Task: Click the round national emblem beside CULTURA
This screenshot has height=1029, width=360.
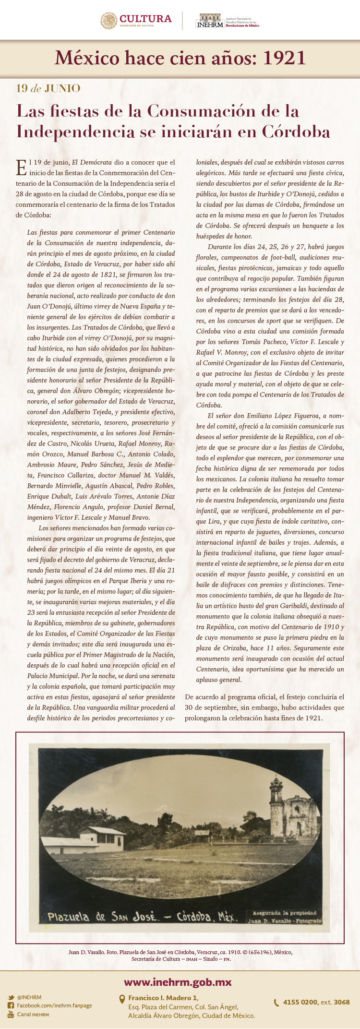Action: (x=109, y=21)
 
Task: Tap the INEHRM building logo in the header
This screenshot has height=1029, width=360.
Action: (x=210, y=21)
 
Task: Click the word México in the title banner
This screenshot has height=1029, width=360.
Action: (x=87, y=58)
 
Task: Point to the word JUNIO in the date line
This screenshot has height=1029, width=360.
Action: (x=62, y=88)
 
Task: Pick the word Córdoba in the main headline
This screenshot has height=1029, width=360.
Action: (x=296, y=131)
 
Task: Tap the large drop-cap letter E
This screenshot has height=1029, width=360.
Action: (x=21, y=168)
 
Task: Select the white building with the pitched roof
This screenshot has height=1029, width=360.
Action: (x=102, y=838)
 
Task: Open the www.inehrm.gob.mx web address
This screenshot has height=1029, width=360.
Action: (x=178, y=982)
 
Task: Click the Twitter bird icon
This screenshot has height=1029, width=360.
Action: (x=11, y=997)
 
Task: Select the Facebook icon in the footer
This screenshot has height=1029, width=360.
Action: (x=11, y=1005)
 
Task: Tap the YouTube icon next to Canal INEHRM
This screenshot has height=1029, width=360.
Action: (x=11, y=1014)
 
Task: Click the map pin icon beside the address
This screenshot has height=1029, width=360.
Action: (x=122, y=999)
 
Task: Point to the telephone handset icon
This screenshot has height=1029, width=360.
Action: (x=276, y=1003)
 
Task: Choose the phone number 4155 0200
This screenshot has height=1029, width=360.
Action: (x=300, y=1002)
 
